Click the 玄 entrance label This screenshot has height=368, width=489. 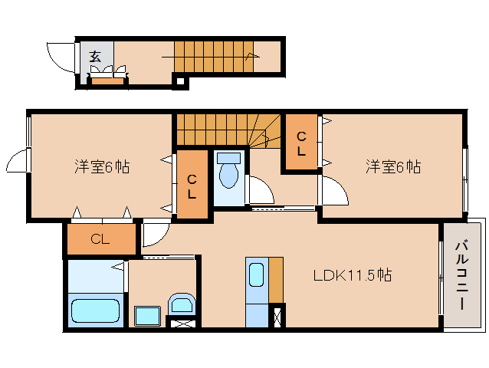click(x=95, y=55)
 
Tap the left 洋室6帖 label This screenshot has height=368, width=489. click(x=101, y=166)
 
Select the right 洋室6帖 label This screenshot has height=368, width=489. click(x=392, y=166)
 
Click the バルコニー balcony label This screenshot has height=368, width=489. click(x=463, y=274)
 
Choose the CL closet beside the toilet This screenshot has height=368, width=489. click(x=192, y=186)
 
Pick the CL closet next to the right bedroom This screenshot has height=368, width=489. click(x=301, y=143)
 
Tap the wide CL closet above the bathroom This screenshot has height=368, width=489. click(x=100, y=238)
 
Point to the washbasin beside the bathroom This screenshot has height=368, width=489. click(x=182, y=305)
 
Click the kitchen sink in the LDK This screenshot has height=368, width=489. click(x=257, y=274)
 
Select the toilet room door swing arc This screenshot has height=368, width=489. click(x=261, y=192)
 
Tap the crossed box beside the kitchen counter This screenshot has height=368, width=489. click(x=278, y=316)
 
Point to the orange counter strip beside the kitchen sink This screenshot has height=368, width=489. click(x=276, y=280)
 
